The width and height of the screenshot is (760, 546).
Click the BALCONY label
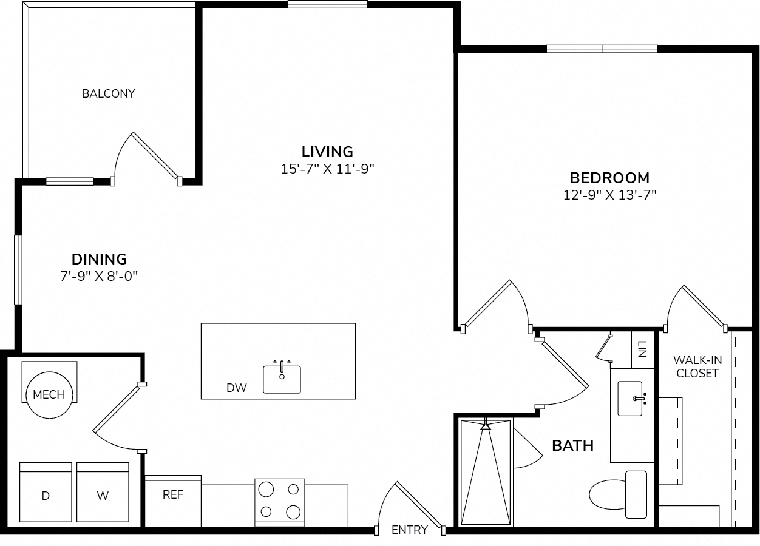109,93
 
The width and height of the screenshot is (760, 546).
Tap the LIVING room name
327,152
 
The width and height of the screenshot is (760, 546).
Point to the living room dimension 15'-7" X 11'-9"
327,169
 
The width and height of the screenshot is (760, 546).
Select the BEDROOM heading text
609,178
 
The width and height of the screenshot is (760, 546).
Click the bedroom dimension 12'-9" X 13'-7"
609,195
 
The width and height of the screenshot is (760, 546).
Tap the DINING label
99,260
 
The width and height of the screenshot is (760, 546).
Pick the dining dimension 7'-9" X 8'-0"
99,277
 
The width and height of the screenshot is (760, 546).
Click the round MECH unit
49,394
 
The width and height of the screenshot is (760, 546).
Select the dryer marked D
46,492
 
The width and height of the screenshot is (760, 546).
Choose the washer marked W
103,492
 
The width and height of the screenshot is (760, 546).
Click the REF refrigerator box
173,501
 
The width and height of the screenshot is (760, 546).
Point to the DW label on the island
237,388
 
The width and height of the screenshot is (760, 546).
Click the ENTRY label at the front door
410,530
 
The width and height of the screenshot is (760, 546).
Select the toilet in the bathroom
618,495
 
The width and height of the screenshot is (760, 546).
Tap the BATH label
572,446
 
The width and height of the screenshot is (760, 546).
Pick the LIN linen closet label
642,349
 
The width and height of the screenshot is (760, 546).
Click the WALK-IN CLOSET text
697,366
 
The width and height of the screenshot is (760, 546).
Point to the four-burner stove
280,502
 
